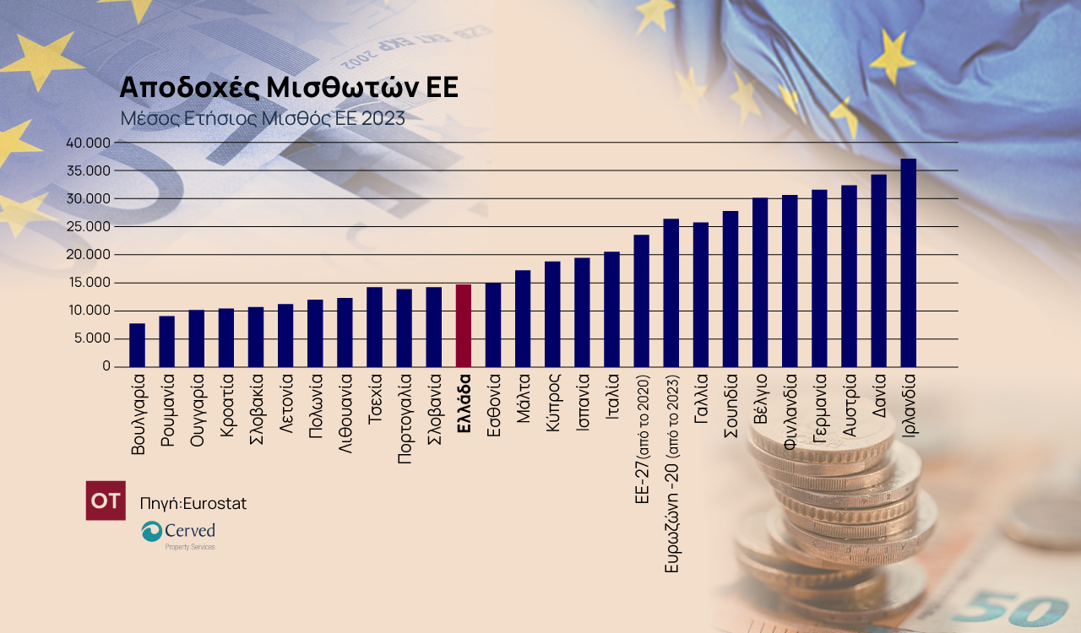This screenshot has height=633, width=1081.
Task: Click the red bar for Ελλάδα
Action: [x=463, y=326]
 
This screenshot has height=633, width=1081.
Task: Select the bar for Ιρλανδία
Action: [x=908, y=262]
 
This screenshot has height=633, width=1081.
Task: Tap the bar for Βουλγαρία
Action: [x=137, y=345]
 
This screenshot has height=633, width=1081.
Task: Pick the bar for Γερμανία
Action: [x=819, y=279]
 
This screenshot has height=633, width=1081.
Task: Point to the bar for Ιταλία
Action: [x=611, y=309]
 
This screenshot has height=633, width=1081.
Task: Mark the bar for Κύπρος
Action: [x=552, y=314]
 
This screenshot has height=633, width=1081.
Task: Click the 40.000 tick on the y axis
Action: [x=88, y=143]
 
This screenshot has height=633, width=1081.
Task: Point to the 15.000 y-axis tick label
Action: [x=88, y=283]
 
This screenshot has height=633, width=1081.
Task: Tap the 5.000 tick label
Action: [x=91, y=338]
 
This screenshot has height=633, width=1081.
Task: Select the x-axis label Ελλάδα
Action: [x=463, y=404]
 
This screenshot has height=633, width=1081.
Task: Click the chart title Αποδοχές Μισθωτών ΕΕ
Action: [x=289, y=88]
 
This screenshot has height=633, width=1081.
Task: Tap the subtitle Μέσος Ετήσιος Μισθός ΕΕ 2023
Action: [x=262, y=118]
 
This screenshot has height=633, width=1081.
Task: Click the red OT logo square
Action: [x=106, y=500]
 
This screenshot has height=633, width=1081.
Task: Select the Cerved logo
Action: [x=178, y=533]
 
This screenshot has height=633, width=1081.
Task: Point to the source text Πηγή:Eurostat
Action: [x=193, y=504]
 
